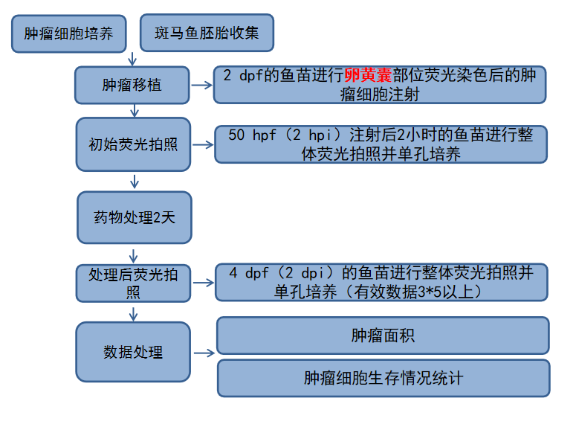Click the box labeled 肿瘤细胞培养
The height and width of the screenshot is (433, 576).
69,34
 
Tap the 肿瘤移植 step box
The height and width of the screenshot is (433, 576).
132,85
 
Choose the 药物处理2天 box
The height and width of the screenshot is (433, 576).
134,217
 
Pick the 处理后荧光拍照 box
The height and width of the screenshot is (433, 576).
134,283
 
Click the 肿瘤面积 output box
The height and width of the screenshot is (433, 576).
383,336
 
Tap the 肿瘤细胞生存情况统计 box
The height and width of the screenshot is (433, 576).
383,378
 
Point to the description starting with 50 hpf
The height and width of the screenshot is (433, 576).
381,144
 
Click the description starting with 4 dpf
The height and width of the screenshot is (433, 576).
381,282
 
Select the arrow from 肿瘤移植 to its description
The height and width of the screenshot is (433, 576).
201,85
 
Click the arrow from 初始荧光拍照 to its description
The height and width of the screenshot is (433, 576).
202,144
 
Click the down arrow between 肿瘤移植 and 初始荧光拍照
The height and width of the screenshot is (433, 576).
135,111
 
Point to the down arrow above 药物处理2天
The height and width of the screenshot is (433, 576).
135,182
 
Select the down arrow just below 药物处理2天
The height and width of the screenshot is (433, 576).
135,254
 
